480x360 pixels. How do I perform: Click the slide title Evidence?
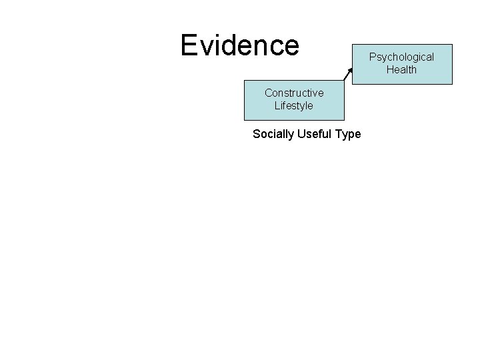240,45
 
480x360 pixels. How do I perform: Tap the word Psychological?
402,57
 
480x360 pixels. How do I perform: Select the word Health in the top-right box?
401,69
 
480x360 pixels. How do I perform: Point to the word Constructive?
294,93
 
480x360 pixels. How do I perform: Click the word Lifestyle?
293,105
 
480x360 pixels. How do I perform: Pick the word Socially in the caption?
273,134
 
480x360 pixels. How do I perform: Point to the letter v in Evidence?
206,46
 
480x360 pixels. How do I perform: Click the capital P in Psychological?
373,57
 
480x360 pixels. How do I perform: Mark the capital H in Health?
389,69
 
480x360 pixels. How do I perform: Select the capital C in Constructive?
268,93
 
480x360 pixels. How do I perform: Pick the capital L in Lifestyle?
277,105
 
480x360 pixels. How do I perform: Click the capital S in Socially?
257,134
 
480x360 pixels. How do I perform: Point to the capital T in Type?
339,134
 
